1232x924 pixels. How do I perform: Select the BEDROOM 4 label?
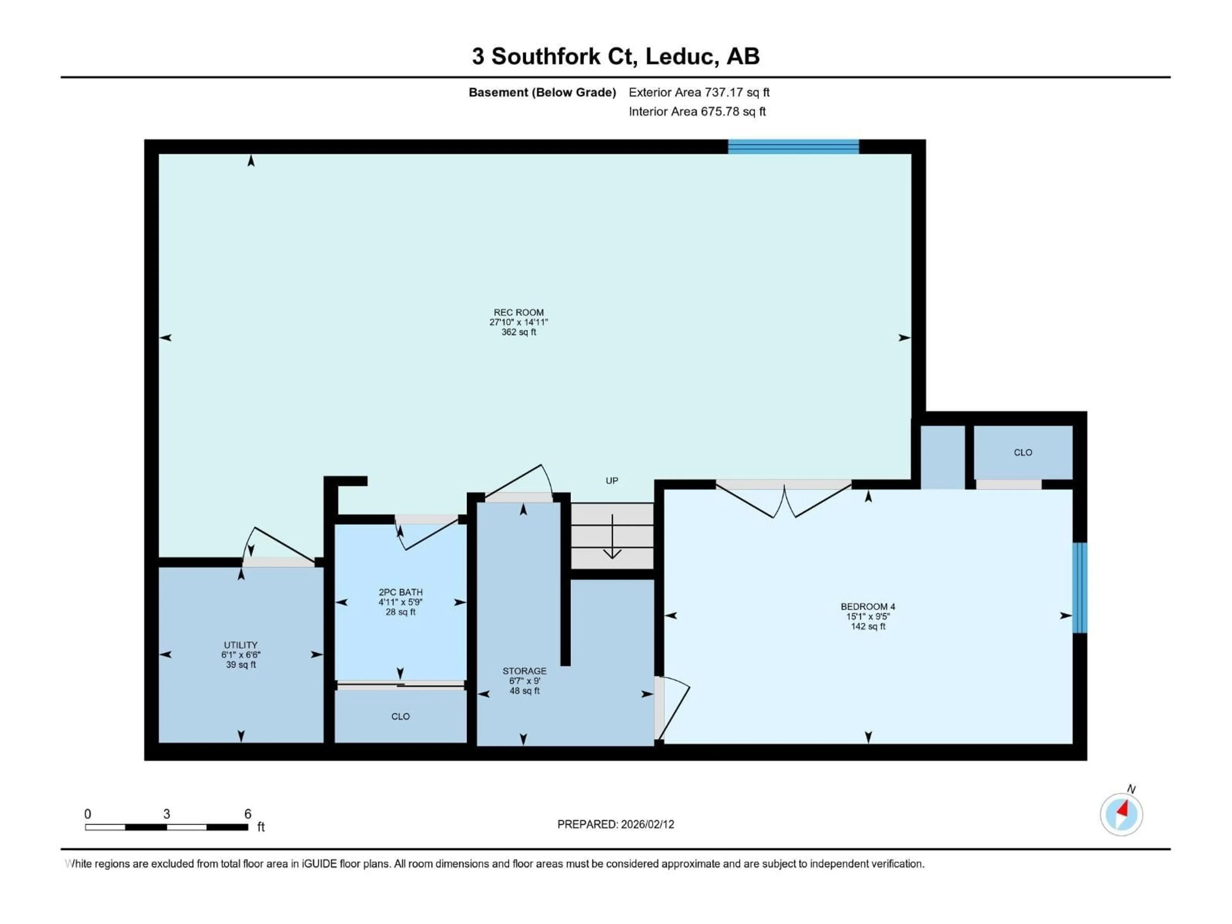868,606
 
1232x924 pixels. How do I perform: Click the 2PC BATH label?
400,592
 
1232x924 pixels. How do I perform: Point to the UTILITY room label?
241,645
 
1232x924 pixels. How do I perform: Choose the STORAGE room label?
524,671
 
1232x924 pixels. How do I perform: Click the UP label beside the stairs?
612,481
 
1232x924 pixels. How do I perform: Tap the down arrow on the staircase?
612,537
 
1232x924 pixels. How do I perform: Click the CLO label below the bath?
400,716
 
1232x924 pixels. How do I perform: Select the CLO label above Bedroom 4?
1022,452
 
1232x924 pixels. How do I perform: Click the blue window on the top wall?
793,147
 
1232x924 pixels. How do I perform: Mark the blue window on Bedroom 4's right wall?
1079,587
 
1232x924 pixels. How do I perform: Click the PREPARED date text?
615,824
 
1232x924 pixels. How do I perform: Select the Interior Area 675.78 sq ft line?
697,111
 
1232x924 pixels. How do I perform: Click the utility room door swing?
278,546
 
